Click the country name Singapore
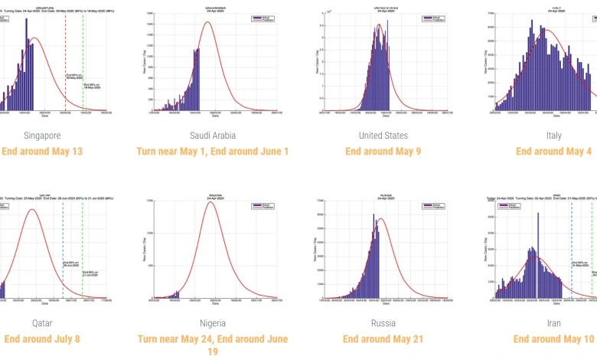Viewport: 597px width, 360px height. click(x=42, y=136)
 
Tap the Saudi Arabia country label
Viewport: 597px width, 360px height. click(x=212, y=136)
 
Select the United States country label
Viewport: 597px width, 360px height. click(x=383, y=136)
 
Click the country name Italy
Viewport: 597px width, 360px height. click(x=553, y=136)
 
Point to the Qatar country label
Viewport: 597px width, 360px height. click(x=42, y=323)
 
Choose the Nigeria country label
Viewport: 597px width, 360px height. click(x=212, y=323)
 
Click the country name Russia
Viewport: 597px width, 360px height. click(x=383, y=323)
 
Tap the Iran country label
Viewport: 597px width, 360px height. click(x=553, y=323)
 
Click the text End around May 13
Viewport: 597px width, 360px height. click(x=42, y=151)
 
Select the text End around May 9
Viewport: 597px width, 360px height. click(x=383, y=151)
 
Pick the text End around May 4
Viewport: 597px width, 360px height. click(x=553, y=151)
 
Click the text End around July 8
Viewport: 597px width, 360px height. click(x=42, y=339)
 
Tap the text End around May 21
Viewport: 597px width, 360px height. click(x=383, y=339)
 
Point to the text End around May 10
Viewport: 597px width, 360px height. click(x=553, y=339)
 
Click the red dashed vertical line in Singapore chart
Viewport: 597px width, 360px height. click(x=65, y=61)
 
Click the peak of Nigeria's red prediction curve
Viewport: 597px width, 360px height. click(x=211, y=201)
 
